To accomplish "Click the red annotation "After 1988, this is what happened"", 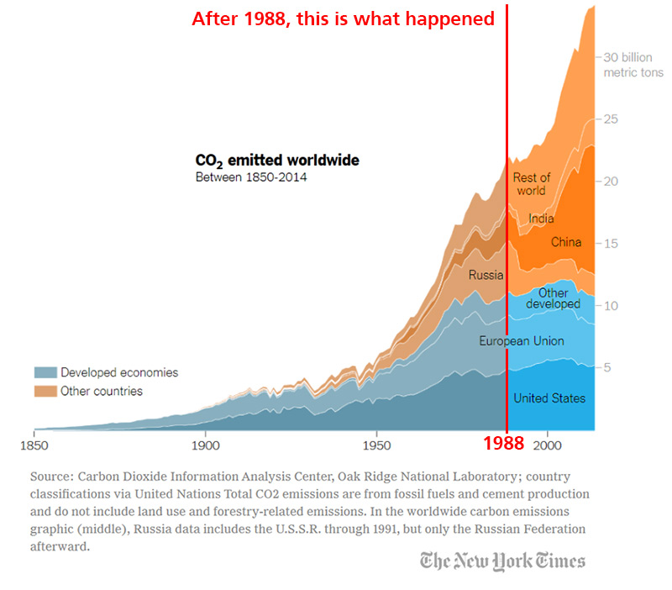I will [343, 18].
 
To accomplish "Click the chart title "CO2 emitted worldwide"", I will [277, 161].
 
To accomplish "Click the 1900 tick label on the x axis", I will [205, 444].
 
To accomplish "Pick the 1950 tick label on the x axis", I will [376, 444].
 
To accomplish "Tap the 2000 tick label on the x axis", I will [548, 444].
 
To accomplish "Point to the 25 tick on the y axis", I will [612, 119].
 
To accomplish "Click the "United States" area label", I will [549, 398].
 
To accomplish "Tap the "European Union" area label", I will [522, 340].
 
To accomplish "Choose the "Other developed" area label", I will [553, 298].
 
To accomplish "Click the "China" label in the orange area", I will [566, 242].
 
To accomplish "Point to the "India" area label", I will [541, 219].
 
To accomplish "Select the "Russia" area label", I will [486, 274].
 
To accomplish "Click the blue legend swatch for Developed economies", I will [45, 372].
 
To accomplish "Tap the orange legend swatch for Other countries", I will [45, 391].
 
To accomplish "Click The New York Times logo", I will [502, 561].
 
